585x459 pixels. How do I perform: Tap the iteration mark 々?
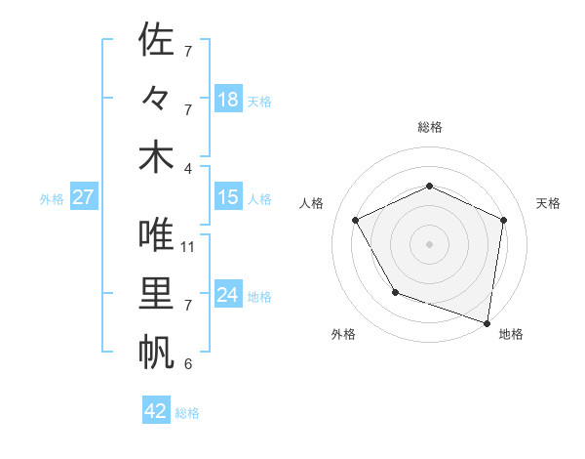[x=156, y=99]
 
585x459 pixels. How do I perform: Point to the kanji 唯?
[x=156, y=234]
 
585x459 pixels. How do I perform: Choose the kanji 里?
[x=156, y=294]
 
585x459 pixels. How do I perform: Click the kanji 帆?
[x=156, y=353]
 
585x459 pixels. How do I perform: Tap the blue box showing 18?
[x=228, y=100]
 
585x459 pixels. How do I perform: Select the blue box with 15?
[x=228, y=197]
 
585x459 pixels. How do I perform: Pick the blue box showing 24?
[x=228, y=295]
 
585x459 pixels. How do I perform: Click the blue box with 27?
[x=83, y=197]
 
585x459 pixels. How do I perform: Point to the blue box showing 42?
[x=156, y=411]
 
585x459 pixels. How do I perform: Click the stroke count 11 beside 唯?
[x=188, y=246]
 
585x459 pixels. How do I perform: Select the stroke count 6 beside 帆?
[x=187, y=364]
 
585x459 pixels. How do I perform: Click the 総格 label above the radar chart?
[x=429, y=127]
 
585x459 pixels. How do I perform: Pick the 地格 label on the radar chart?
[x=511, y=335]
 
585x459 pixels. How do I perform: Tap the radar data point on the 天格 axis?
[x=503, y=220]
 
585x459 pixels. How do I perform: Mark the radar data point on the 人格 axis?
[x=355, y=220]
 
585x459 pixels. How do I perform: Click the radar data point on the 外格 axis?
[x=395, y=292]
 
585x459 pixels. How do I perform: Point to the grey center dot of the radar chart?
[x=429, y=243]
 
